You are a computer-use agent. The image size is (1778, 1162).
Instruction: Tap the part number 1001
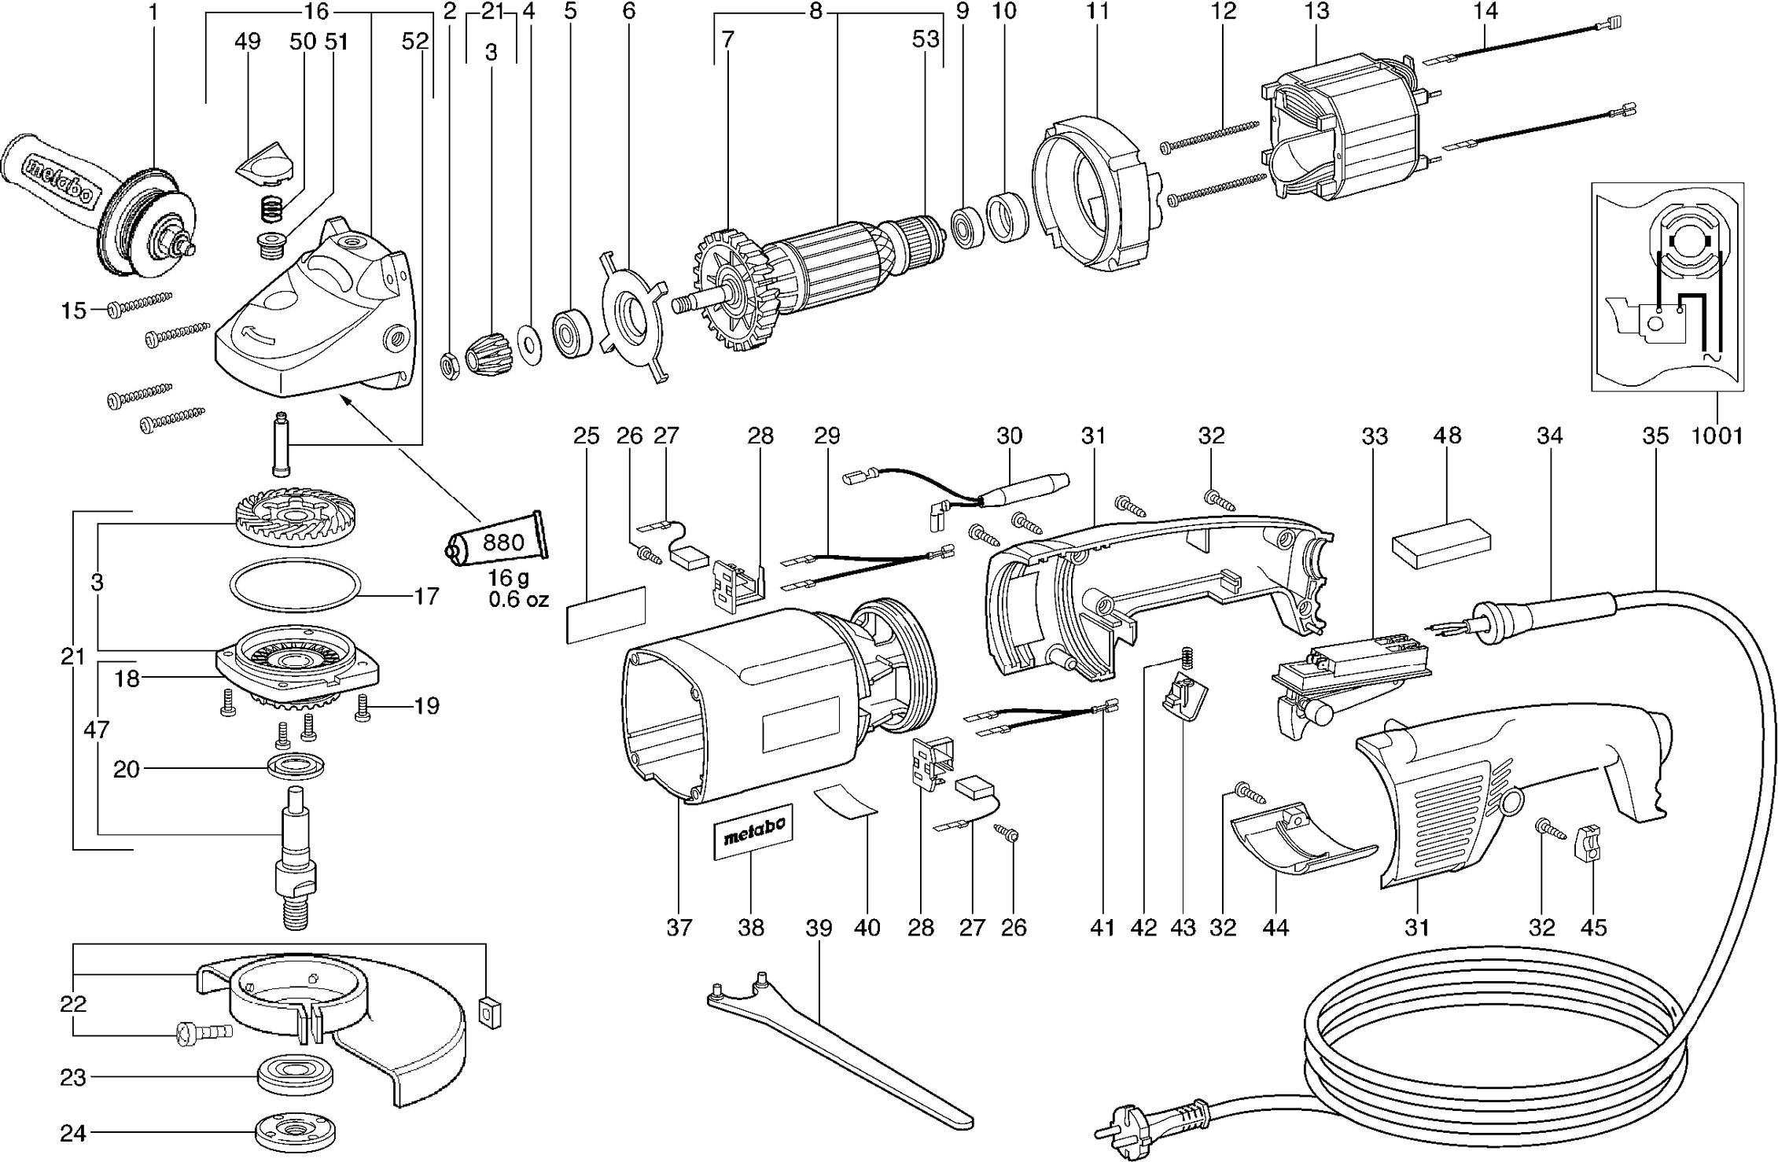coord(1717,435)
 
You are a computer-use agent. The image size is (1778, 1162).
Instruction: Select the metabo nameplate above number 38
coord(753,833)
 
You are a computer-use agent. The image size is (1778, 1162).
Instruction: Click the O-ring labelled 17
coord(295,585)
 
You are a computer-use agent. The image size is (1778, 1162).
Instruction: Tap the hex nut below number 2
coord(449,366)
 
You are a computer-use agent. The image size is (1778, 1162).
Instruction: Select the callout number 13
coord(1316,12)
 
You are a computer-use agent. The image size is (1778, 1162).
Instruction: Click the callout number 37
coord(679,928)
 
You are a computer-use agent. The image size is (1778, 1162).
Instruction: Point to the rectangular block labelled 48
coord(1441,542)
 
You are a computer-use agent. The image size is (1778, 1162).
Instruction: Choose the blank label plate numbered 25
coord(606,615)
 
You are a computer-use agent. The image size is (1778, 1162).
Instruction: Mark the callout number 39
coord(819,928)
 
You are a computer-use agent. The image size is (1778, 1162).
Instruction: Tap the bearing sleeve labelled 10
coord(1007,217)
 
